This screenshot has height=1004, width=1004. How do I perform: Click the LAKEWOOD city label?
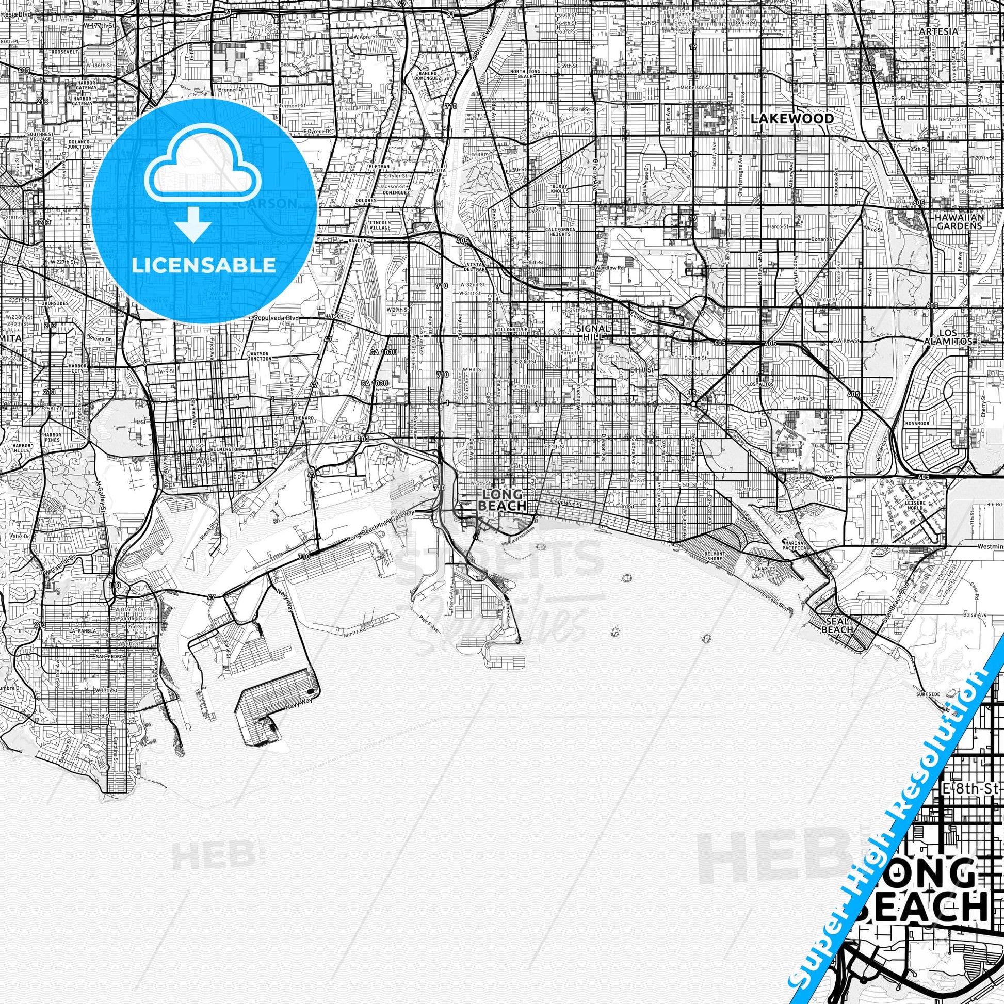tap(792, 119)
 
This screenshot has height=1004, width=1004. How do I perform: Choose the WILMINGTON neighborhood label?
tap(225, 449)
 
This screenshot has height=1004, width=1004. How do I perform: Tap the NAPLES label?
tap(766, 569)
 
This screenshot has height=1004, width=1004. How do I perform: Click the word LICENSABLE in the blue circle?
tap(204, 265)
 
